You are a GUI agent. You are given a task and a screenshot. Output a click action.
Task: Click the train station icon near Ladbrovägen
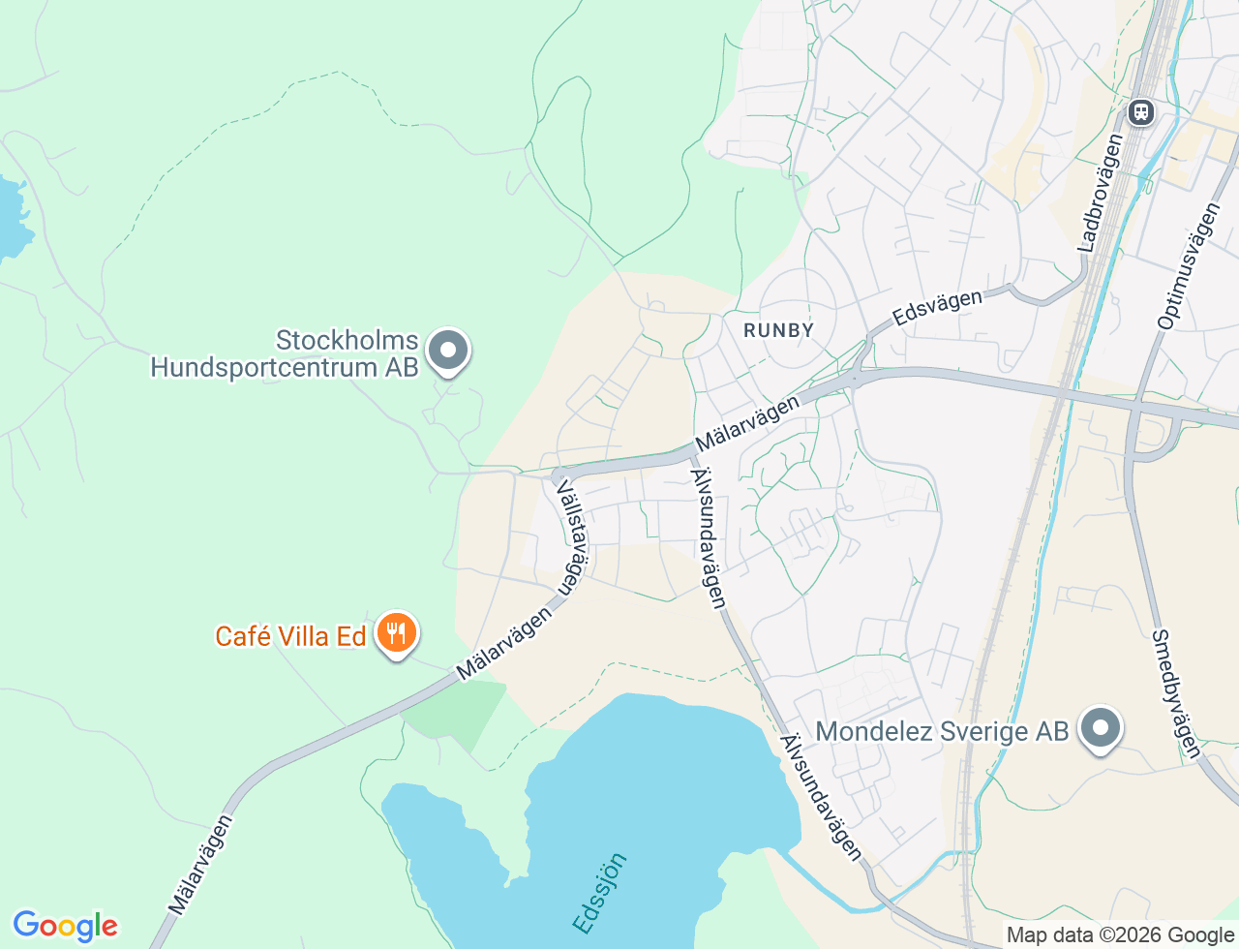(1141, 112)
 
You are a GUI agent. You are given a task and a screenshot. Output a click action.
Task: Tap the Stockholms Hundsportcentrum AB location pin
(447, 352)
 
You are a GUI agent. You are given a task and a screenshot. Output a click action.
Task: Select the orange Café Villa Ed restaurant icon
(396, 633)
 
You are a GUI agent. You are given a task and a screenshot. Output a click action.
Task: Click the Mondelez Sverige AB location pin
(1100, 729)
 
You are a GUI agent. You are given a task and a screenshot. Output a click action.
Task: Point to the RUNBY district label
(778, 330)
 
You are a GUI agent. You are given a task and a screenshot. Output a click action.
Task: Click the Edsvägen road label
(937, 307)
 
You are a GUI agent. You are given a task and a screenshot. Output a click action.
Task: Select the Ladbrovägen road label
(1101, 193)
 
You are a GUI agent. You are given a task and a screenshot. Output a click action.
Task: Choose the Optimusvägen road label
(1190, 265)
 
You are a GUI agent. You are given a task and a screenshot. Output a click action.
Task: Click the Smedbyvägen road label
(1176, 693)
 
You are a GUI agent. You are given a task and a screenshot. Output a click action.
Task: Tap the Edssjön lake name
(600, 893)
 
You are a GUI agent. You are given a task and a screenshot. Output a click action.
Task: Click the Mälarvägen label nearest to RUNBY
(747, 421)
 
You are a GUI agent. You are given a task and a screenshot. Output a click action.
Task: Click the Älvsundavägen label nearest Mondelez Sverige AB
(821, 796)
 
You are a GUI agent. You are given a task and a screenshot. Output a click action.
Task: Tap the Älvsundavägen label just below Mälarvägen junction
(708, 537)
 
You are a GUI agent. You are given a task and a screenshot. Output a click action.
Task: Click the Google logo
(65, 926)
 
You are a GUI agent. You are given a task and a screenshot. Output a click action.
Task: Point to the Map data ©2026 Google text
(1120, 935)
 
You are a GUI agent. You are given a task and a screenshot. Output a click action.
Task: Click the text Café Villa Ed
(290, 636)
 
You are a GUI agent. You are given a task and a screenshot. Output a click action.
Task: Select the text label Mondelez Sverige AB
(942, 731)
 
